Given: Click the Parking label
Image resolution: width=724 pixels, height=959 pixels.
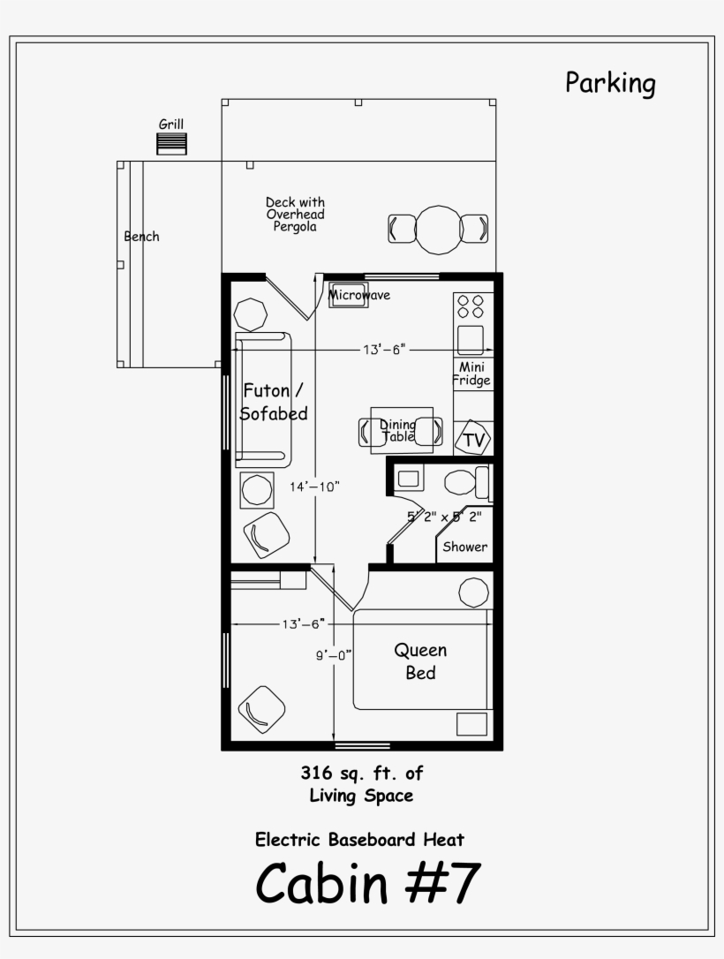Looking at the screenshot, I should pos(610,84).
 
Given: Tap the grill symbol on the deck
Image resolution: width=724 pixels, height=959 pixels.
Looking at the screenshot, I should pos(171,144).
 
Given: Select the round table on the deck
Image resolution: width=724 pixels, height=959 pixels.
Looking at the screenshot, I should pos(438,229).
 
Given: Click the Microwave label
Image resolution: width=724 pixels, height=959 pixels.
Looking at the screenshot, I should pos(359,296).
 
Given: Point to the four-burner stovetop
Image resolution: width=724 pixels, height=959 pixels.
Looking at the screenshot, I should pos(470,306).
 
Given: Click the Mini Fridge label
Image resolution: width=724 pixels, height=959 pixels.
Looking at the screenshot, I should pos(471,374).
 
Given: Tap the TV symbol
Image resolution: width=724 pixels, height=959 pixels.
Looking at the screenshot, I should pos(472,440).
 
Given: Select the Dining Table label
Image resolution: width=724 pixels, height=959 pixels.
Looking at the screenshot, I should pos(397,431).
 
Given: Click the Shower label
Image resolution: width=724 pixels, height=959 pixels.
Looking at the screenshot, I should pos(464,547).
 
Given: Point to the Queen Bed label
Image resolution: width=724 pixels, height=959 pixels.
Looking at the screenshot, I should pos(420,661).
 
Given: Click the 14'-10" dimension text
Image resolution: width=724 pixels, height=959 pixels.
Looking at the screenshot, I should pos(314,487).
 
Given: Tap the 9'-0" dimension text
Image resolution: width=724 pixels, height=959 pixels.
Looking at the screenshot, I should pos(334,654).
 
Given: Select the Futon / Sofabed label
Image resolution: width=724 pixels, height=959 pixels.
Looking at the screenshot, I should pos(275,401).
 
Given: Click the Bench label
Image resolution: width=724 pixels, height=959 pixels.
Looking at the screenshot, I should pos(141,237).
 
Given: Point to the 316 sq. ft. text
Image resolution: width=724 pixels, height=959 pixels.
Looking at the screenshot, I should pos(361,774).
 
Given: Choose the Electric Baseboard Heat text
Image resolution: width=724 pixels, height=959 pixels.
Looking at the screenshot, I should pos(359,839).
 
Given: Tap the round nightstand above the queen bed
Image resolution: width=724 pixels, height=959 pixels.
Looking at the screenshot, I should pos(473,592).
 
